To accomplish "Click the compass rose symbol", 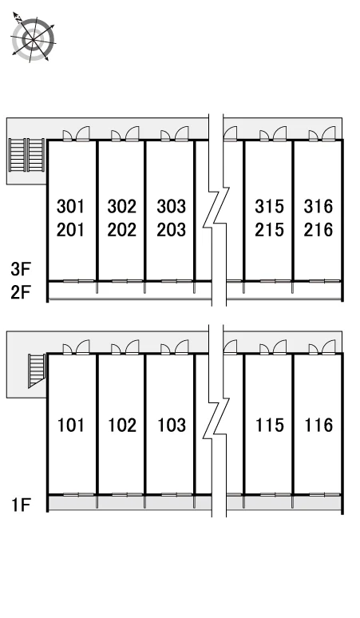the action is click(33, 38).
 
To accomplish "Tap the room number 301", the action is click(70, 206).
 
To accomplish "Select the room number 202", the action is click(121, 229).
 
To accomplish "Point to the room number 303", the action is click(172, 206).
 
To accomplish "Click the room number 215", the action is click(270, 229).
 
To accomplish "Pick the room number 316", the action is click(318, 206).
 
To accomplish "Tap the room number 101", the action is click(71, 425).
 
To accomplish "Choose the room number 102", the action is click(122, 425).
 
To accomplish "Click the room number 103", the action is click(172, 425).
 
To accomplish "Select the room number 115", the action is click(270, 425).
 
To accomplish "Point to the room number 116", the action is click(318, 425).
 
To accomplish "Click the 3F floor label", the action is click(21, 269).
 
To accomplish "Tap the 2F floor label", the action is click(21, 292).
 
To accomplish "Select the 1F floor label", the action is click(22, 505).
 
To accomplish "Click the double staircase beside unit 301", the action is click(27, 155).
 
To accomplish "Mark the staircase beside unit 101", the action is click(37, 370).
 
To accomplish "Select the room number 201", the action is click(70, 229).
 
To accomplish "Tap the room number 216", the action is click(318, 229).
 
